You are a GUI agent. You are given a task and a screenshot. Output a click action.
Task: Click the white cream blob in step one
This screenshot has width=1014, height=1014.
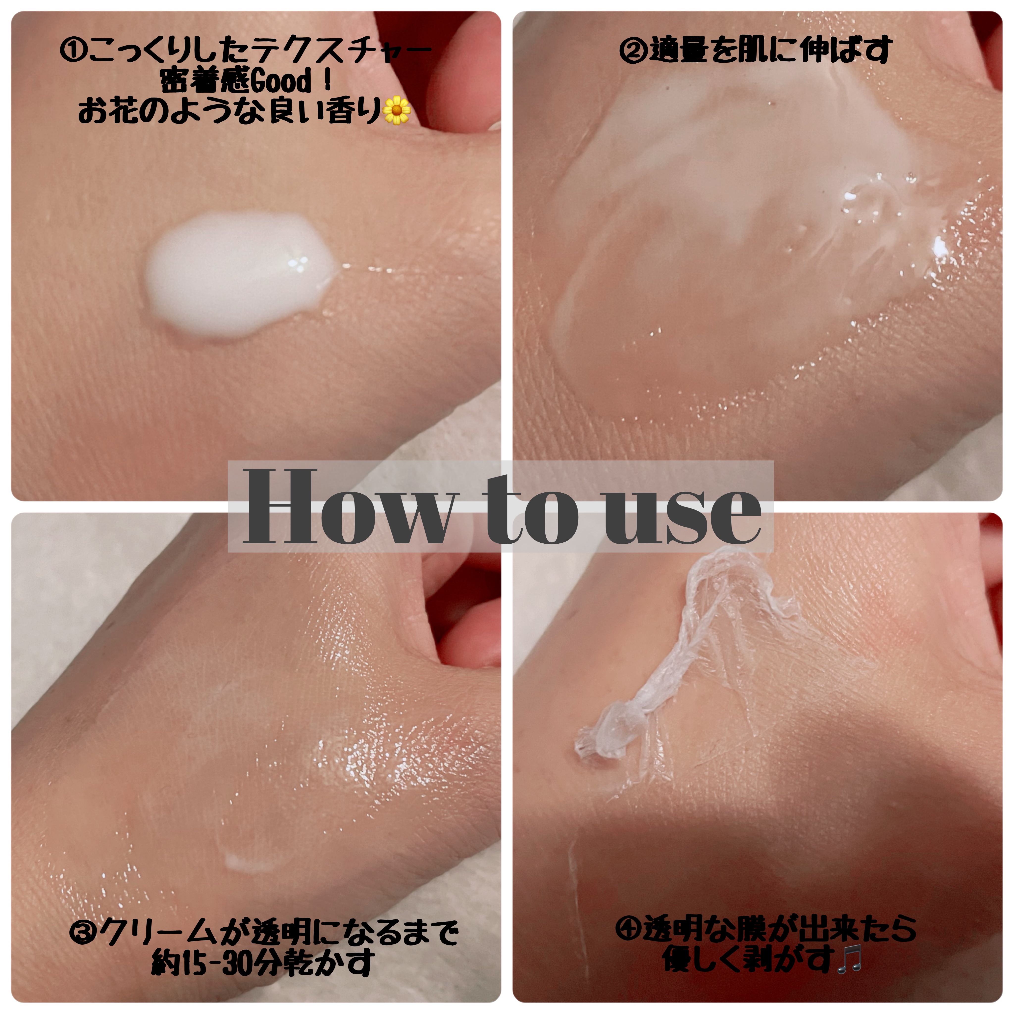[239, 275]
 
